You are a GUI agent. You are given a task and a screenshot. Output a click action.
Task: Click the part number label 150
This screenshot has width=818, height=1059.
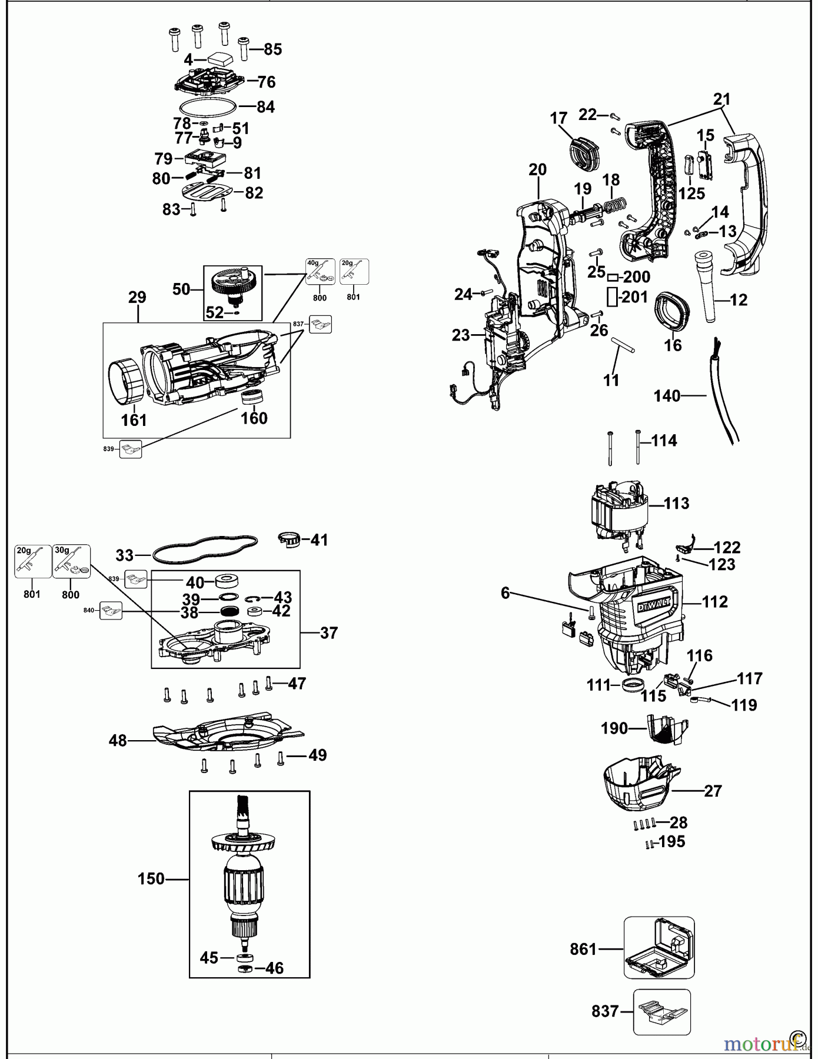pos(151,878)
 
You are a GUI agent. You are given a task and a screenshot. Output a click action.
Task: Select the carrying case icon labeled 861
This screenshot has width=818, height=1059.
pos(659,947)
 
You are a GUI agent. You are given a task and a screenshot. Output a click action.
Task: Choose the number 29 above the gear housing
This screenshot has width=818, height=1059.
pos(137,297)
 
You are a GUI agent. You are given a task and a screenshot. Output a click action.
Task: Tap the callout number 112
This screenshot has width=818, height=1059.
pos(714,601)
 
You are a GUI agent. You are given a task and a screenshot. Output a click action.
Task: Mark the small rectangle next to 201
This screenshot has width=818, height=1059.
pos(613,298)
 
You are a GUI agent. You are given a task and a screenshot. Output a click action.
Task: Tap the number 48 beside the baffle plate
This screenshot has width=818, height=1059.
pos(118,740)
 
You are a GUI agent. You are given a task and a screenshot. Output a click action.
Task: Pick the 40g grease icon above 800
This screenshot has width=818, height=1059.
pos(320,272)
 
